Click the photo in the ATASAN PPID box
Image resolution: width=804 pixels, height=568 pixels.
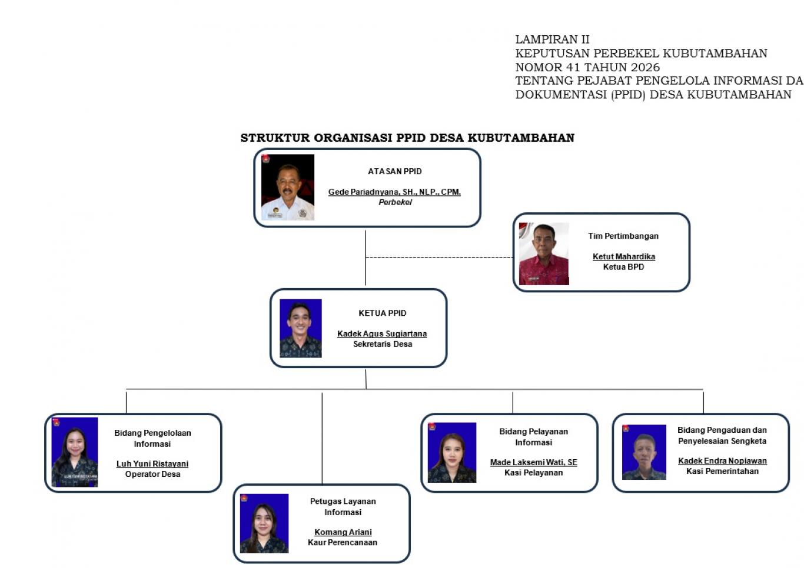[x=287, y=187]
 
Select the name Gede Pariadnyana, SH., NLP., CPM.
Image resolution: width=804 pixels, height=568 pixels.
[x=394, y=192]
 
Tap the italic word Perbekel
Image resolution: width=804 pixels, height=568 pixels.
[x=395, y=202]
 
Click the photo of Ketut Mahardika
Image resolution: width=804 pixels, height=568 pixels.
[x=544, y=254]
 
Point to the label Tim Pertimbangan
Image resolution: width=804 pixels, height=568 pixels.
[x=623, y=236]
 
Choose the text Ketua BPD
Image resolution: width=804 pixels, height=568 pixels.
[x=623, y=267]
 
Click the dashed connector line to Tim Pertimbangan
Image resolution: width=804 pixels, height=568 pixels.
[x=439, y=257]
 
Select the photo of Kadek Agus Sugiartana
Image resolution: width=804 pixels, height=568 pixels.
[x=300, y=329]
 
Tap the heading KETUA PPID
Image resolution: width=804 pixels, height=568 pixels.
[x=382, y=313]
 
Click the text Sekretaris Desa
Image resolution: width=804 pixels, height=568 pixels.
[x=383, y=344]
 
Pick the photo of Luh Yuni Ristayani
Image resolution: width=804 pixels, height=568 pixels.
[x=75, y=452]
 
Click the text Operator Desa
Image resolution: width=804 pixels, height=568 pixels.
[x=152, y=474]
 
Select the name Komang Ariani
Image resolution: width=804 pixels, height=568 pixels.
[x=343, y=532]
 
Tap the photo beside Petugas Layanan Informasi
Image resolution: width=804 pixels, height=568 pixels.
[x=264, y=523]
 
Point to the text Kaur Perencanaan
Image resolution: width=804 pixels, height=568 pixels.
[x=343, y=542]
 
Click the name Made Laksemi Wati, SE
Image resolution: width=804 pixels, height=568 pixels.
[x=534, y=463]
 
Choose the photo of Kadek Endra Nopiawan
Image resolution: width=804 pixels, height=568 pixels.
[x=644, y=452]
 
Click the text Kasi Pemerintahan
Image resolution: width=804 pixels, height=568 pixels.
[x=722, y=471]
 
